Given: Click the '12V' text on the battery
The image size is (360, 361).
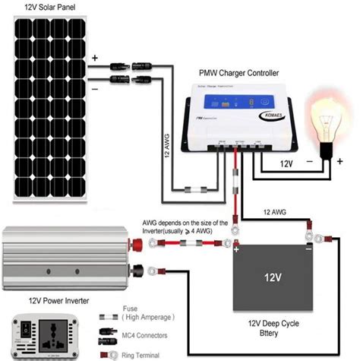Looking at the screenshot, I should pos(275,274).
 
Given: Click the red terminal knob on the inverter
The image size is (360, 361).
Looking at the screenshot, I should pos(141,245).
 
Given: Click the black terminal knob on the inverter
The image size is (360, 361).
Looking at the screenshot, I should pos(141,268).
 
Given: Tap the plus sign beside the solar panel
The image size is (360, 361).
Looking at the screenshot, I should pos(94,59).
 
